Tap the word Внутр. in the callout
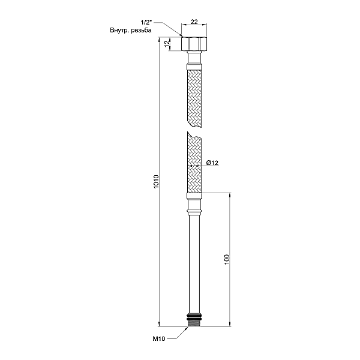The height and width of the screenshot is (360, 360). pyautogui.click(x=121, y=30)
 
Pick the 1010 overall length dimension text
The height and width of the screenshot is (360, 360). pyautogui.click(x=155, y=182)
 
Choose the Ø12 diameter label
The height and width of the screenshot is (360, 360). pyautogui.click(x=211, y=163)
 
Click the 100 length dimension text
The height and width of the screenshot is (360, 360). pyautogui.click(x=226, y=260)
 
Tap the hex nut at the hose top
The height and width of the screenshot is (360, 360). pyautogui.click(x=194, y=44)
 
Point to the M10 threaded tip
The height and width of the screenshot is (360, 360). pyautogui.click(x=194, y=323)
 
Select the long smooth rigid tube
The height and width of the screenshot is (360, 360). pyautogui.click(x=194, y=264)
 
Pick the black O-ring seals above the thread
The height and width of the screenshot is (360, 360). pyautogui.click(x=194, y=315)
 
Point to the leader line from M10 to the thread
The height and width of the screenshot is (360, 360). pyautogui.click(x=180, y=334)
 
